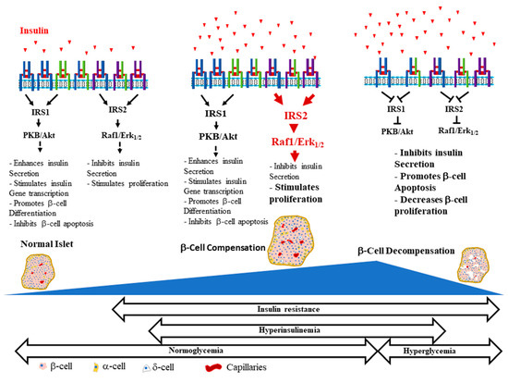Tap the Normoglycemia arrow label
(x=192, y=351)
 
